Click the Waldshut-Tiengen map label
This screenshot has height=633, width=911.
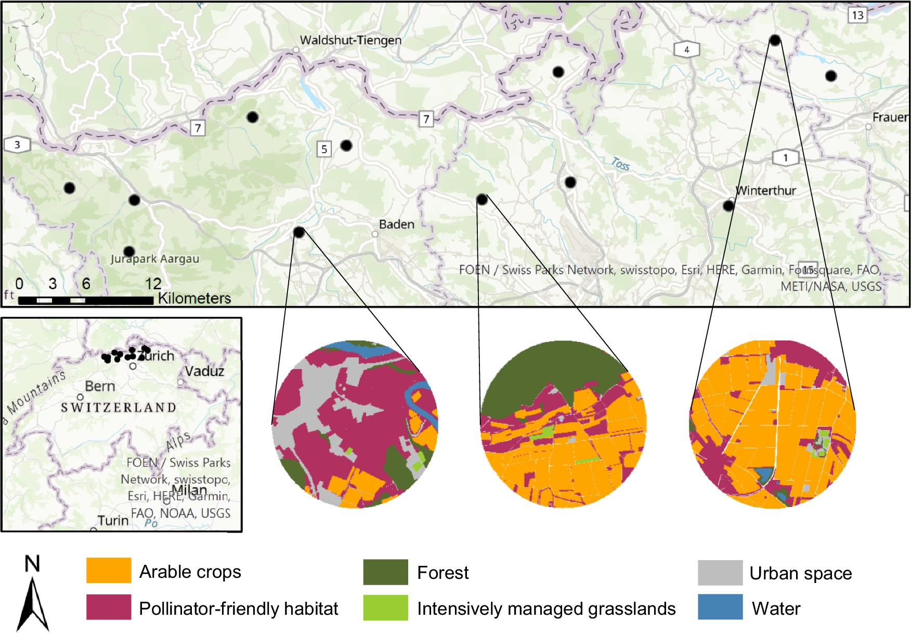[350, 40]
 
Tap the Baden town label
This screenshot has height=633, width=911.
[396, 224]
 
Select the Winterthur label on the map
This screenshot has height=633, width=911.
[765, 191]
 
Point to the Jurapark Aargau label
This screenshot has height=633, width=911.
[154, 259]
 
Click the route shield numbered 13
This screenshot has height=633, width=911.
[857, 15]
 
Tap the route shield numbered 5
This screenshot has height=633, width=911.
[324, 149]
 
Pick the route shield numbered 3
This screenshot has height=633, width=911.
[17, 145]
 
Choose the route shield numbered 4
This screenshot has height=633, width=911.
[686, 50]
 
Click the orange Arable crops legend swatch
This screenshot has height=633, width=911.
[109, 571]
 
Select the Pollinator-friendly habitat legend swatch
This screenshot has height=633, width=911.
[109, 607]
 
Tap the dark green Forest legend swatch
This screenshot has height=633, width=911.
[385, 572]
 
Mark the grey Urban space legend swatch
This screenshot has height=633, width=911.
[720, 573]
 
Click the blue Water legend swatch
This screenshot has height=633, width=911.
[720, 607]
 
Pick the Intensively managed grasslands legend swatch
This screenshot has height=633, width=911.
[385, 607]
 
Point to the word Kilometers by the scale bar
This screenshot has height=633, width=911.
[194, 298]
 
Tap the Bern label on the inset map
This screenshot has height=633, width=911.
[100, 386]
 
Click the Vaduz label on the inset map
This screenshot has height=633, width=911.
[204, 371]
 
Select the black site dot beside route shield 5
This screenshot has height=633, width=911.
[346, 145]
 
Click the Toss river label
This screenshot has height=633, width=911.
[620, 164]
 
